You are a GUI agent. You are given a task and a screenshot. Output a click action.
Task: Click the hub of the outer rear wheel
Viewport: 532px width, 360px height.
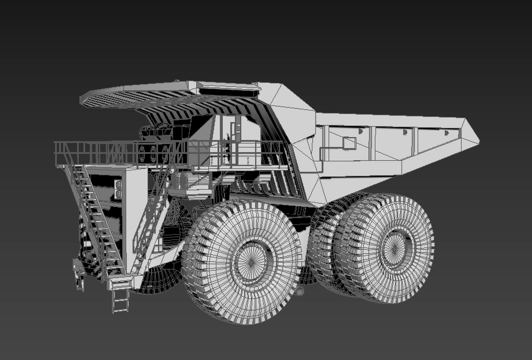(395, 248)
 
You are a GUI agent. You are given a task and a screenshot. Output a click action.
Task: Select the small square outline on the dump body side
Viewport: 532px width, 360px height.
(349, 143)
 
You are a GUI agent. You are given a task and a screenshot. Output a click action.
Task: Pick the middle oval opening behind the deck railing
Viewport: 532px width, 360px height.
(153, 154)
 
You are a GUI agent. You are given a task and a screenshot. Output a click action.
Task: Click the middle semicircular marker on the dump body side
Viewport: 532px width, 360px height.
(405, 132)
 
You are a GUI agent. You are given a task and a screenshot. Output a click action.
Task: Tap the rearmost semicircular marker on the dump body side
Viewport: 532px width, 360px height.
(446, 133)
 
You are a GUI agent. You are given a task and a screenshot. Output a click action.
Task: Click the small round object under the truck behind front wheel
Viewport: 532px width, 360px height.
(301, 291)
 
